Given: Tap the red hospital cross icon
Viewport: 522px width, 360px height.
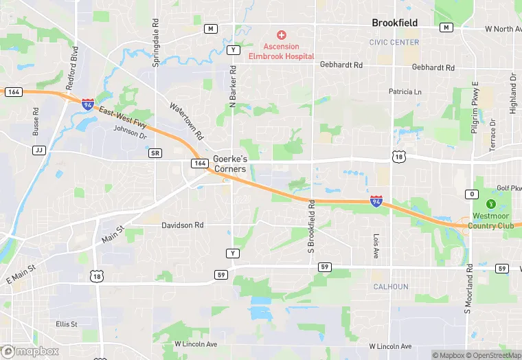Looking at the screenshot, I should coord(280,35).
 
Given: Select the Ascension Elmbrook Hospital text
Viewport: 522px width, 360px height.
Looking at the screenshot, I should coord(280,52).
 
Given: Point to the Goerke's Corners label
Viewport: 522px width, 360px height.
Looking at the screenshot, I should coord(229,164).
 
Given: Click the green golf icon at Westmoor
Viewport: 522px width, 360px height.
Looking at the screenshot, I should coord(490,204).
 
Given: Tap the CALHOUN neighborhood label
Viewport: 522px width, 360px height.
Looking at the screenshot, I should coord(391,286).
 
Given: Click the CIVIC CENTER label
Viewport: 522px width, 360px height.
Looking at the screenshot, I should coord(394,42).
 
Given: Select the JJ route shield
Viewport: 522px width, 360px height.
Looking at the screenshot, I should coord(38,150).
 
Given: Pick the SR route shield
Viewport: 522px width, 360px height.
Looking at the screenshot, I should coord(155,153).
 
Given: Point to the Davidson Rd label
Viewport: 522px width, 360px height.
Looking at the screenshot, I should coord(183,225).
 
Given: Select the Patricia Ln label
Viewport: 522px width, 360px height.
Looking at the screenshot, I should coord(405,91).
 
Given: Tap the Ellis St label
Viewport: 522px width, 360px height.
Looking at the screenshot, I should coord(67,324).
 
